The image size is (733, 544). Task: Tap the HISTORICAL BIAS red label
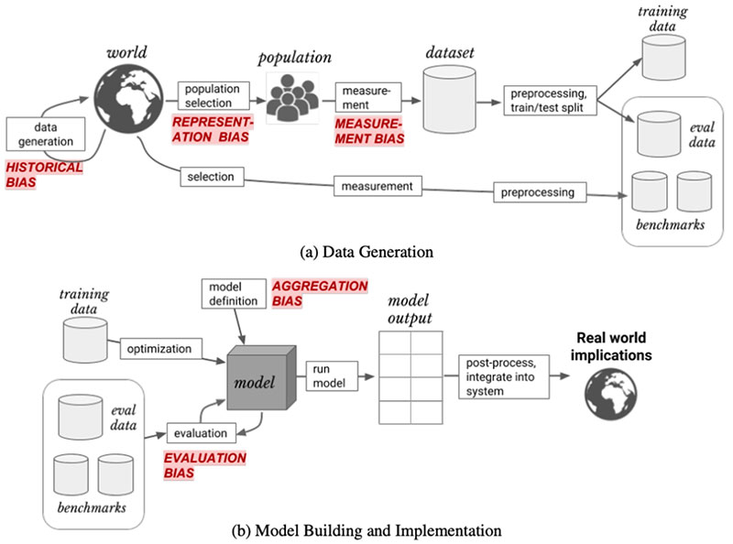pos(43,175)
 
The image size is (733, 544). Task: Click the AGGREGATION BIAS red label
pos(320,294)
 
